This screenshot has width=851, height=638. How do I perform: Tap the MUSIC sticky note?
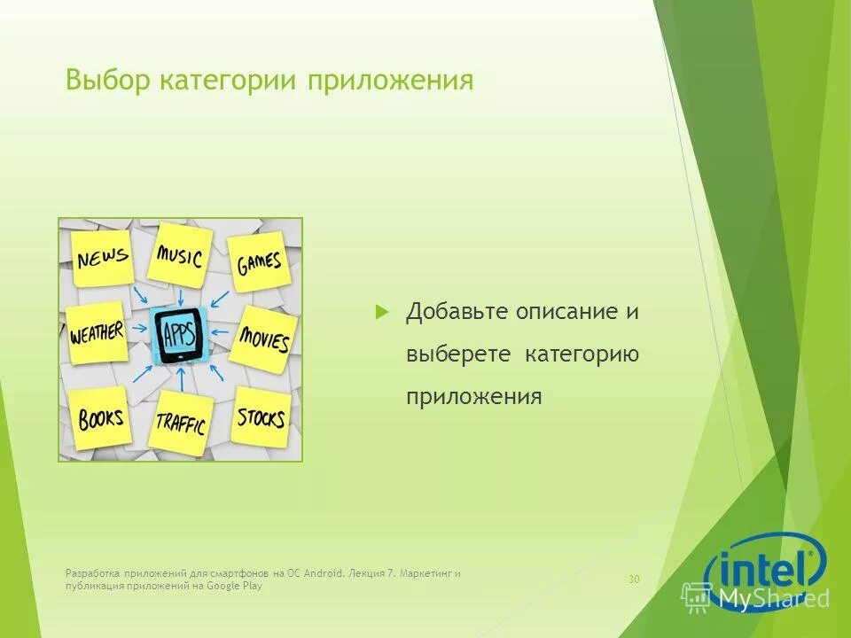[180, 256]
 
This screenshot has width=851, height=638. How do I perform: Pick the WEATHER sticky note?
[97, 333]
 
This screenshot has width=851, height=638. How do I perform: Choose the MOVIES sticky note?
[263, 338]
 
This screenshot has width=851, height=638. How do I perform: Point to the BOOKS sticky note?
[100, 417]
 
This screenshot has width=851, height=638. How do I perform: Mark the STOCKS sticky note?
[262, 416]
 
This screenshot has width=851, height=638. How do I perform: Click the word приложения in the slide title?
[390, 82]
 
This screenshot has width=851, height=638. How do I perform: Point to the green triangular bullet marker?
[382, 312]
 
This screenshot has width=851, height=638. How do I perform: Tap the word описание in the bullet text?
[565, 312]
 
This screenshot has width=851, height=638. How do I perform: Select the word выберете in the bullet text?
[458, 354]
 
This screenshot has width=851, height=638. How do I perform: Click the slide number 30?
[634, 580]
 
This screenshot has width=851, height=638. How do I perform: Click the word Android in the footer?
[324, 573]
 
